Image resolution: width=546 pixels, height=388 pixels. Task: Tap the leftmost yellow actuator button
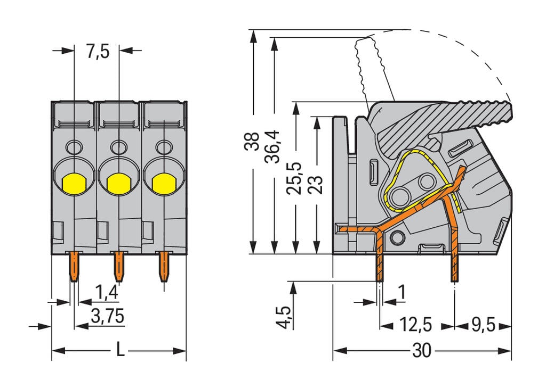pyautogui.click(x=74, y=184)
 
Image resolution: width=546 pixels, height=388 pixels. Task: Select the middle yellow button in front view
pyautogui.click(x=118, y=184)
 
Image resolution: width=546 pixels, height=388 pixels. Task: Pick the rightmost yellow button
pyautogui.click(x=163, y=184)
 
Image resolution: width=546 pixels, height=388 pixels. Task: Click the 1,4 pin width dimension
pyautogui.click(x=106, y=292)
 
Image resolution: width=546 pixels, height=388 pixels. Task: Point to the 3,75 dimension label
pyautogui.click(x=107, y=317)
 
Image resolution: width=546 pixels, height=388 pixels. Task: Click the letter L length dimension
pyautogui.click(x=121, y=351)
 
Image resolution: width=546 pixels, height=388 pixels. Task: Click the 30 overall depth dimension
pyautogui.click(x=421, y=351)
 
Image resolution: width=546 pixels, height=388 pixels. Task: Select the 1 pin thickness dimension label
pyautogui.click(x=402, y=292)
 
